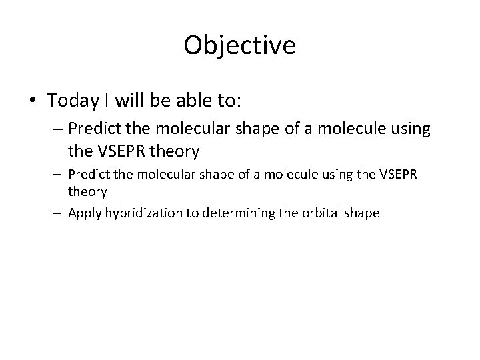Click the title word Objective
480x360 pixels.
239,45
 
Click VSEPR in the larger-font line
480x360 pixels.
121,152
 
